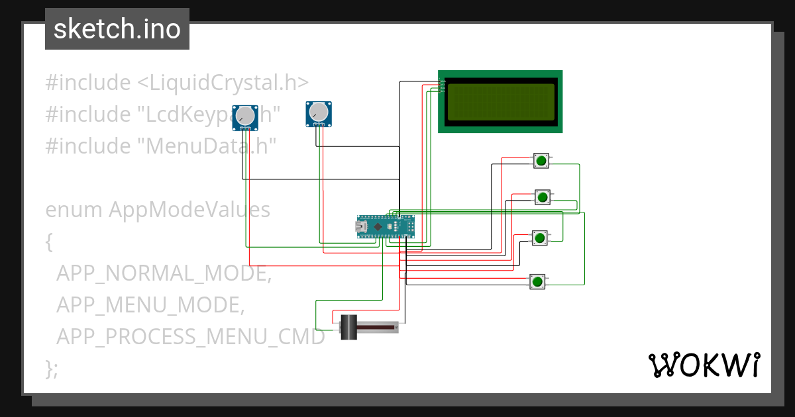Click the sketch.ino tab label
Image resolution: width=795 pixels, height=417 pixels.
tap(117, 29)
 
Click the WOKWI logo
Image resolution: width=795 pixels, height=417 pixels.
tap(704, 365)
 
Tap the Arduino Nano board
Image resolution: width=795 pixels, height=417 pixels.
tap(386, 227)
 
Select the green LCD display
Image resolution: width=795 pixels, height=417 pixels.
tap(500, 101)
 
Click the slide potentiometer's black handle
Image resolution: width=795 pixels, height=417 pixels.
tap(348, 327)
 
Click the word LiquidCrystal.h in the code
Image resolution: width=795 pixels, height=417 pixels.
tap(223, 83)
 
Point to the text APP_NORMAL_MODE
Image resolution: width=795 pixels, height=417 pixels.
tap(164, 273)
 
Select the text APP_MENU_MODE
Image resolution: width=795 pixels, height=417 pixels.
tap(150, 305)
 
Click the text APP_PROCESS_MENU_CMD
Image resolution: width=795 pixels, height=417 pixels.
tap(190, 337)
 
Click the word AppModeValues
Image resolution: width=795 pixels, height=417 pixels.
tap(189, 210)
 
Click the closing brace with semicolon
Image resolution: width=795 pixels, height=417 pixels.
tap(52, 368)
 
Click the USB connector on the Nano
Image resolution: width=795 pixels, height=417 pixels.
tap(362, 227)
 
